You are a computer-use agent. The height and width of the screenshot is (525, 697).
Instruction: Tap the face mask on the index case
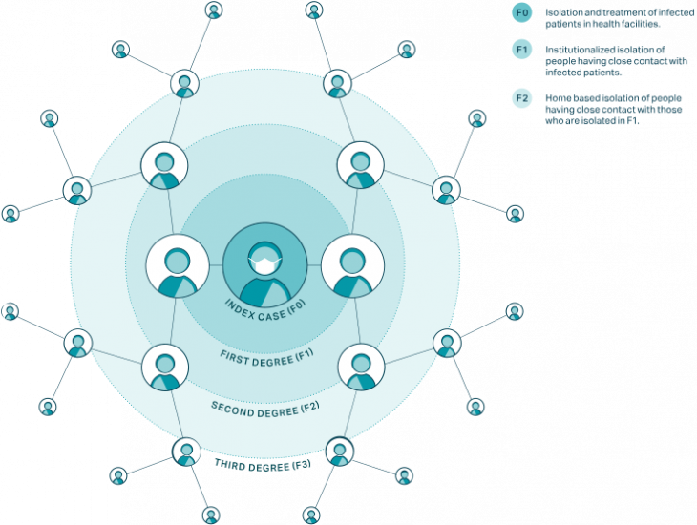coord(264,259)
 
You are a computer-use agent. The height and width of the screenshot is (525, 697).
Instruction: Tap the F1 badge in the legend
coord(520,50)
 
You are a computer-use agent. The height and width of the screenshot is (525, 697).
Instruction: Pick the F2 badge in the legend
coord(520,96)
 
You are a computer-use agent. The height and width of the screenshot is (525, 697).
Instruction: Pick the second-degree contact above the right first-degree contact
coord(360,166)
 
